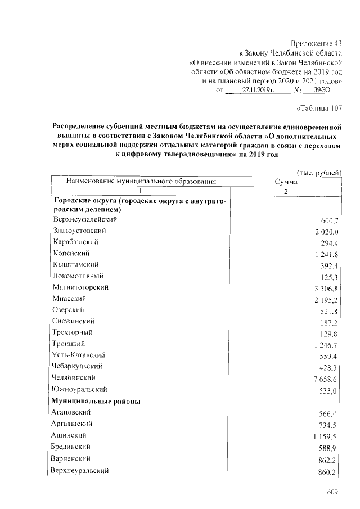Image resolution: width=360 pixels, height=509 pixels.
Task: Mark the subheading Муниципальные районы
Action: [96, 401]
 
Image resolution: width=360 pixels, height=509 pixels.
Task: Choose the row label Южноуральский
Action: [80, 389]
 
